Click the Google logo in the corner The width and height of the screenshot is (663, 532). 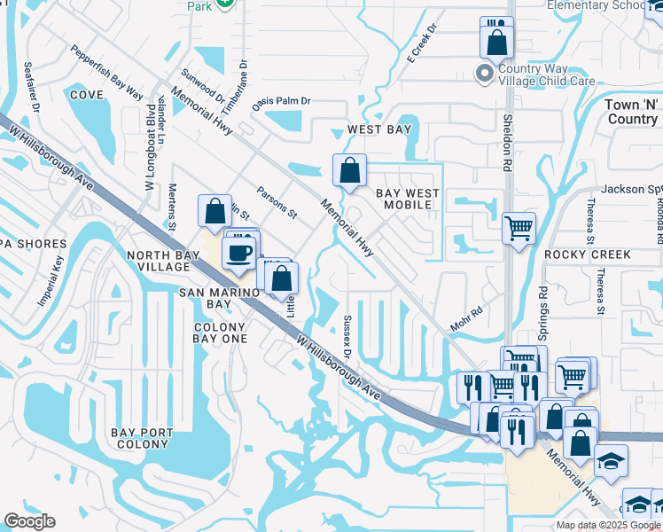[x=29, y=521]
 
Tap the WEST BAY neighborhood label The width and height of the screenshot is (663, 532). [x=378, y=129]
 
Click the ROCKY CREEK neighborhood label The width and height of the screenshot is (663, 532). [x=587, y=254]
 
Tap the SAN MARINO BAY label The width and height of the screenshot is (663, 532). [x=206, y=298]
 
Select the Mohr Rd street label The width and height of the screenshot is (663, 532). [x=465, y=320]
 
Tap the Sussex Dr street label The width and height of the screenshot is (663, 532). [x=348, y=337]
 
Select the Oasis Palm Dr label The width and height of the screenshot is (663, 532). [x=281, y=101]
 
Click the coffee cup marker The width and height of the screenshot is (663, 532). [x=237, y=253]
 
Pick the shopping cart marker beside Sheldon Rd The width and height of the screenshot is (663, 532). [x=519, y=227]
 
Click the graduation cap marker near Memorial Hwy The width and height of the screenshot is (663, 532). [x=611, y=460]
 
